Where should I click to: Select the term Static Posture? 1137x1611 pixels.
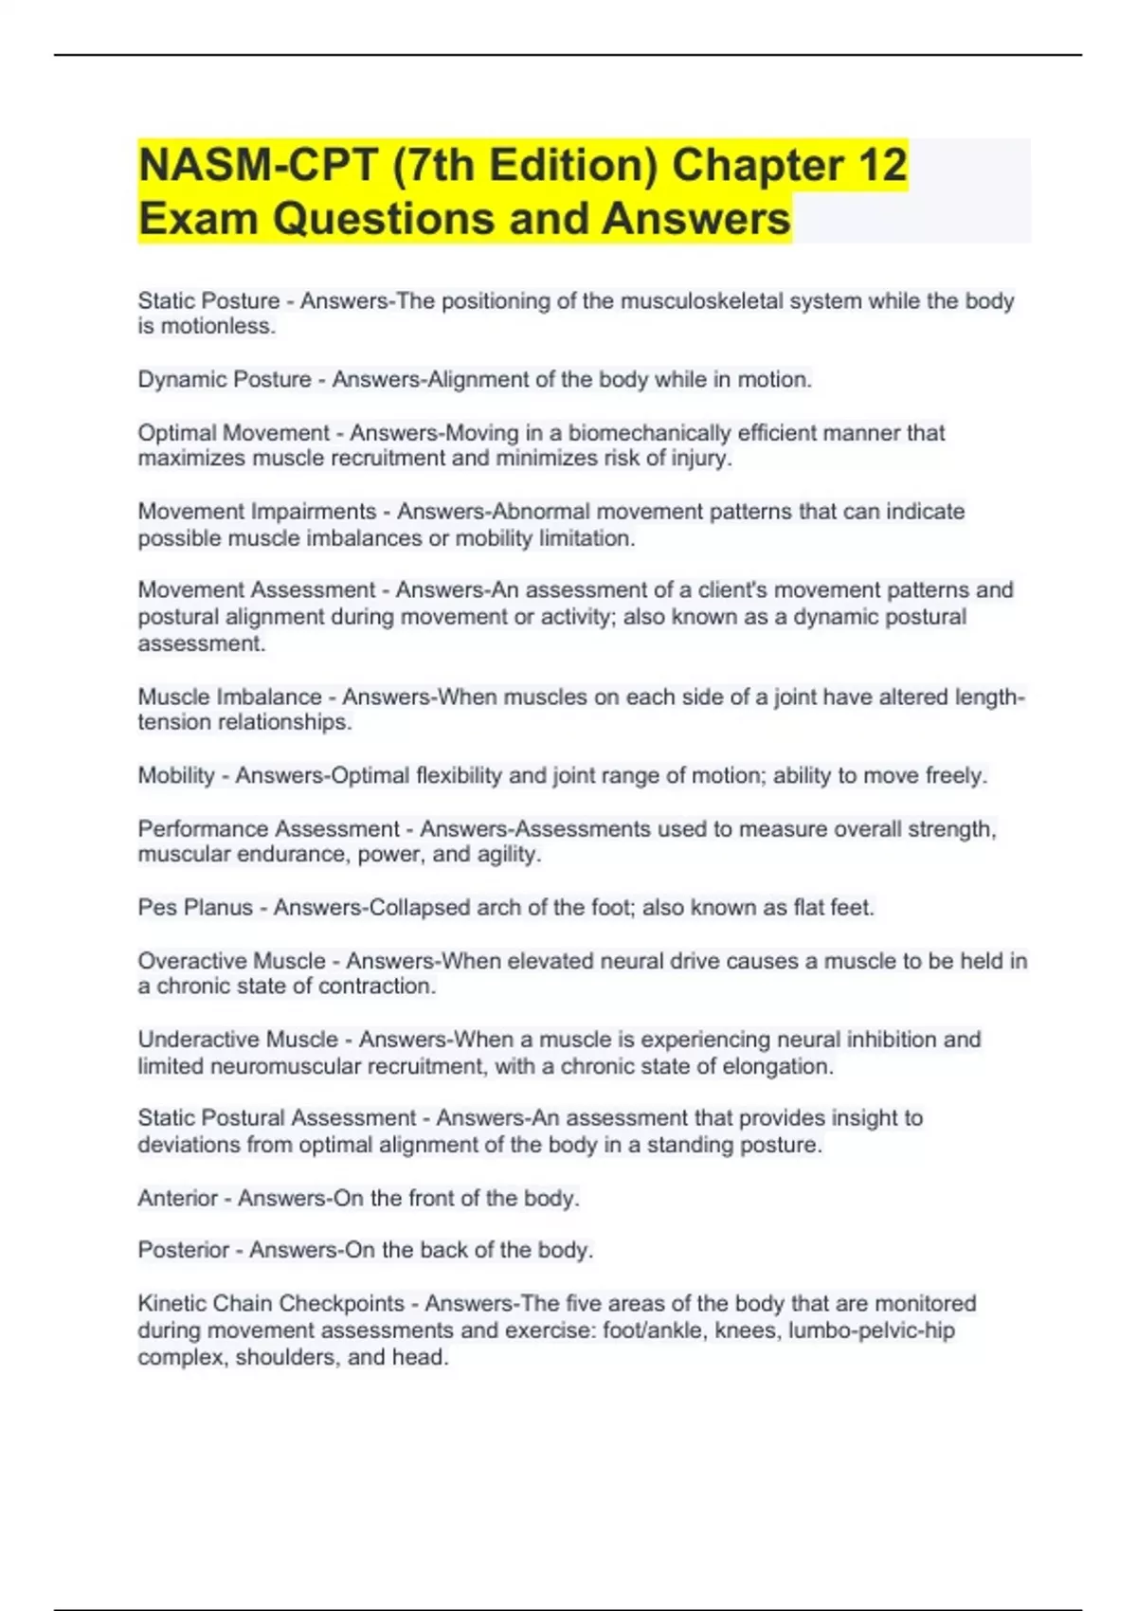[x=208, y=301]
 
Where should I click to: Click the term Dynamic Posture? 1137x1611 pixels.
[x=225, y=380]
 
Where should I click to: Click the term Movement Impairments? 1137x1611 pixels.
[x=257, y=512]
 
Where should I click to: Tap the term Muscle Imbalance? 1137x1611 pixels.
[x=229, y=697]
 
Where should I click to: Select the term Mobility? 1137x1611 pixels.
[x=176, y=776]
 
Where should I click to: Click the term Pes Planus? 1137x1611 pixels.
[x=195, y=908]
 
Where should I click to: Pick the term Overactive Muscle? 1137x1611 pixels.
[x=231, y=961]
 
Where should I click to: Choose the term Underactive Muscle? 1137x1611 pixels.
[x=238, y=1040]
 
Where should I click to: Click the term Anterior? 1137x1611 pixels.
[x=178, y=1198]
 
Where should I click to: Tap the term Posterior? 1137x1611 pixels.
[x=184, y=1250]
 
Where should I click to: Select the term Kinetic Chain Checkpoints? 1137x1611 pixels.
[x=271, y=1304]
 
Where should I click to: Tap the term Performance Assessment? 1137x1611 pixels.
[x=268, y=829]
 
